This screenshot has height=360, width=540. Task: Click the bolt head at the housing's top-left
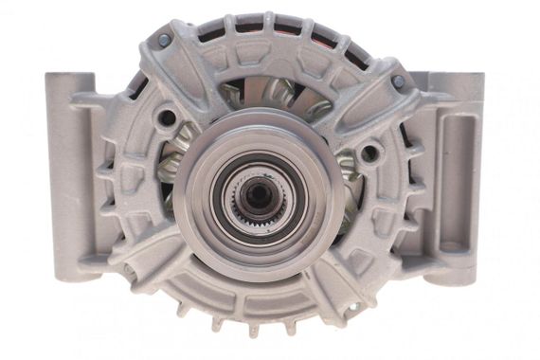(165, 41)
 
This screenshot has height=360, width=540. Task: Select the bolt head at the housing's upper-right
(398, 81)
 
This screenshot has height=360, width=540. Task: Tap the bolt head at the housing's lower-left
(129, 269)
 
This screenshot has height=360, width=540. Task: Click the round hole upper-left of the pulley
(167, 117)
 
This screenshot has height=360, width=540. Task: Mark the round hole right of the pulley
(369, 153)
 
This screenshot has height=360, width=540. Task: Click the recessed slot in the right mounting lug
(460, 180)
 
